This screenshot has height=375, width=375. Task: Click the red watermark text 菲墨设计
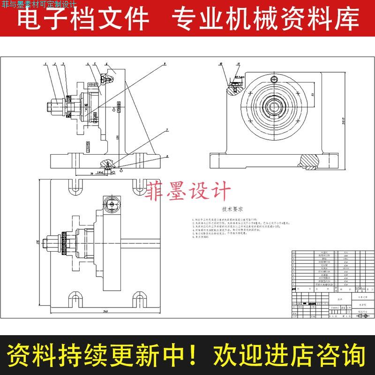(189, 191)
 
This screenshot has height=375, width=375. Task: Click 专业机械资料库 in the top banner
(265, 19)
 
